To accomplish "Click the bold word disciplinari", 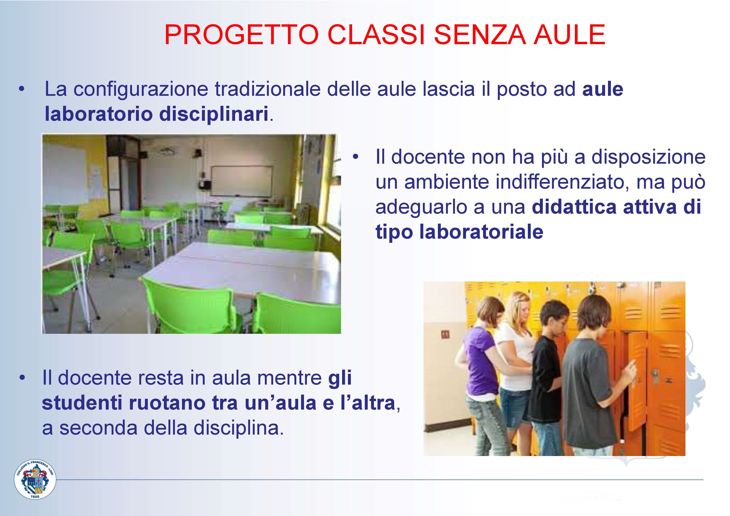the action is click(214, 114).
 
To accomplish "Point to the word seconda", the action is click(98, 428).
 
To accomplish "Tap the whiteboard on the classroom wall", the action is click(242, 181).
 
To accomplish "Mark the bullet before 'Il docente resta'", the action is click(22, 378).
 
